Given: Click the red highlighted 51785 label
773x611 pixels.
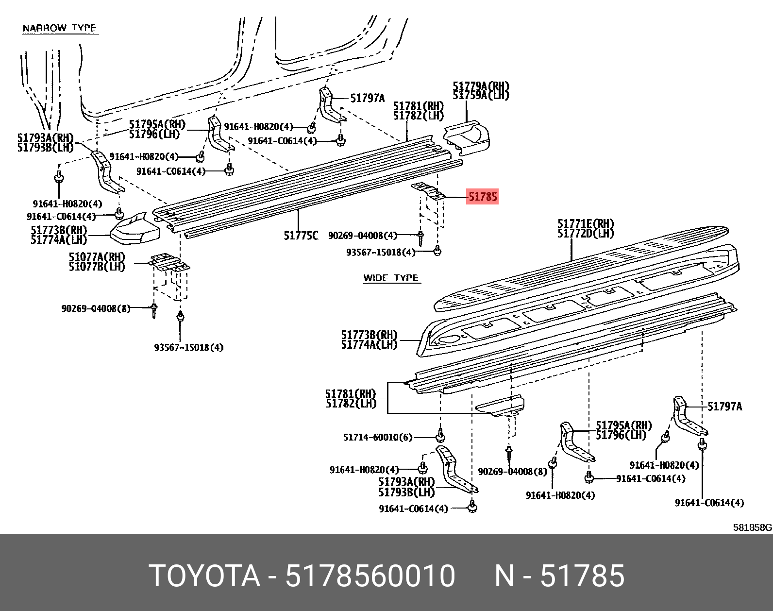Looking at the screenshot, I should [482, 197].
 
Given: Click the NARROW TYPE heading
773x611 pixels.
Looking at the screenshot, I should [59, 28].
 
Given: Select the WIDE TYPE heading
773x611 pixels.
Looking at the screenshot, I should [391, 278].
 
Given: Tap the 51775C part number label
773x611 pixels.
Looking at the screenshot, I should [301, 236].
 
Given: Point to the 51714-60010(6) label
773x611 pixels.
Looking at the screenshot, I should [377, 437].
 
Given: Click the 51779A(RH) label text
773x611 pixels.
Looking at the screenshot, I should [481, 86].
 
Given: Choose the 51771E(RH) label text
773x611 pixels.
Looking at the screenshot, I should [586, 224].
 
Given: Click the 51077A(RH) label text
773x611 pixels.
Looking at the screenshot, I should [97, 257].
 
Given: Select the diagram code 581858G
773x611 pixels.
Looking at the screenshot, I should [752, 527].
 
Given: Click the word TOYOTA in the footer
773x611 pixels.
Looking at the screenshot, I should [204, 576].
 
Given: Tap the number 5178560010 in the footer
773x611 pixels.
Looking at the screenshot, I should [370, 576].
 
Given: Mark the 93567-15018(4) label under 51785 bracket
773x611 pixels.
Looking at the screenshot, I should [381, 252].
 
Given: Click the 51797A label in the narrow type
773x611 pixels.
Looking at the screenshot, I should [367, 99].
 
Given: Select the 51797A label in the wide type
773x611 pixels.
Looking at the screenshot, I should [724, 407].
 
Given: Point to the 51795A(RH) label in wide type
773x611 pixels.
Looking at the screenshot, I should [624, 425].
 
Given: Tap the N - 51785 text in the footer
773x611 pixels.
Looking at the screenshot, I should [559, 576].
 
